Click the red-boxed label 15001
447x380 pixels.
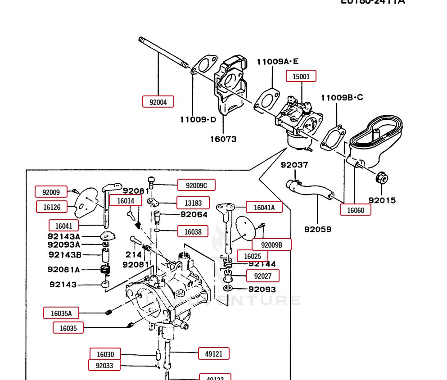(x=301, y=76)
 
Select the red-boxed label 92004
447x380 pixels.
(x=158, y=102)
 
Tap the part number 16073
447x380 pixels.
(x=223, y=139)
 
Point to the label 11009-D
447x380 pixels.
(x=198, y=119)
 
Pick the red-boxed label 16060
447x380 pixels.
(x=356, y=209)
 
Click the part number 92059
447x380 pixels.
(x=317, y=229)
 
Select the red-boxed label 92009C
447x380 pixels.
(x=196, y=185)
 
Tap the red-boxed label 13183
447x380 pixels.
(x=193, y=203)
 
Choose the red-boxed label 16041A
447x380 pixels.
(x=264, y=207)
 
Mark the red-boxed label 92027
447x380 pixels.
(x=262, y=276)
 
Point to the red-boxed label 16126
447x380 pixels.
(x=52, y=207)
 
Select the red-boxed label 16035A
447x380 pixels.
(x=61, y=313)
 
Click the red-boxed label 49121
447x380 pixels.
(x=214, y=354)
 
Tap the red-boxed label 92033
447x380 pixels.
(x=104, y=366)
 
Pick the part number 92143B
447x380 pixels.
(x=64, y=255)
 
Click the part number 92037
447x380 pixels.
(x=294, y=165)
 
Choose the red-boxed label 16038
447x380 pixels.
(x=193, y=232)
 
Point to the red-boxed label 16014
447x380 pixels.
(x=126, y=201)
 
